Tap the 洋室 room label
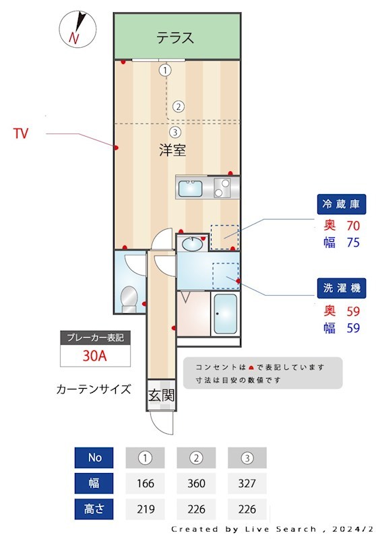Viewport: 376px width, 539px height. coord(173,150)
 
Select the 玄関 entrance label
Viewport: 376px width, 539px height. coord(162,395)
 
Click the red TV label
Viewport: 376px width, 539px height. coord(21,133)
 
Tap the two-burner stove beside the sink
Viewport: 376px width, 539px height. coord(222,188)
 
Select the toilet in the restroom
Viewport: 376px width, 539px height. coord(127,297)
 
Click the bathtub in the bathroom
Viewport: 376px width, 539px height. coord(225,314)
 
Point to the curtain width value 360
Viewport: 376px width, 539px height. coord(196,483)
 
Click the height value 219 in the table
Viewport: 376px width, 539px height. coord(145,509)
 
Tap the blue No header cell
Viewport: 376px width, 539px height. coord(95,457)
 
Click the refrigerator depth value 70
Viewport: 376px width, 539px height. coord(354,226)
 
